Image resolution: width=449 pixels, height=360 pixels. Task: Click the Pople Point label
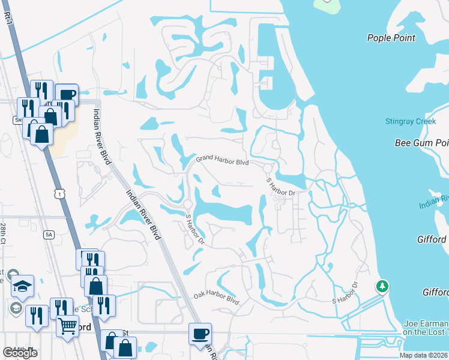click(391, 38)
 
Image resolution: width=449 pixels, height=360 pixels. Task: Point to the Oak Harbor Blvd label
click(216, 298)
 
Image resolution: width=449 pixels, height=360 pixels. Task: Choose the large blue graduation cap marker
click(23, 286)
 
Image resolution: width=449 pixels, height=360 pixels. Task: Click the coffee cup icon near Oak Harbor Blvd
click(200, 333)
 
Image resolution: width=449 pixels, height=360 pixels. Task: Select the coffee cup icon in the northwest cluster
click(67, 94)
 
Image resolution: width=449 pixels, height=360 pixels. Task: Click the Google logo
click(20, 352)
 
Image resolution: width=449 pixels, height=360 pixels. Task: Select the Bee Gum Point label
click(421, 143)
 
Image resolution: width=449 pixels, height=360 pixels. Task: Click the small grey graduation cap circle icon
click(16, 308)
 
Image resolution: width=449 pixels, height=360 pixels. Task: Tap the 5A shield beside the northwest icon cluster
click(17, 120)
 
